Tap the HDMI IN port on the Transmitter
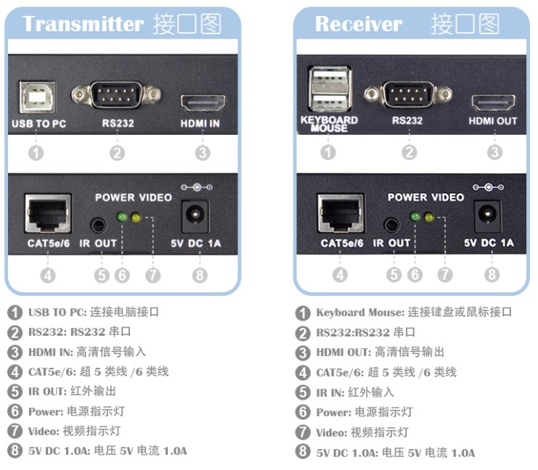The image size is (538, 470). point(203,102)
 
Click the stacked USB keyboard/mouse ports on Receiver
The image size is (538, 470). point(328,90)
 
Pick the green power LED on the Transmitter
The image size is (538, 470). point(122,216)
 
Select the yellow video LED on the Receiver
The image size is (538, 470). point(429,217)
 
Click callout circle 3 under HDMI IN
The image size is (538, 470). point(203,152)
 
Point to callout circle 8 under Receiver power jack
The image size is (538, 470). point(492,274)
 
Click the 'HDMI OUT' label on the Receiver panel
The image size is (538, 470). point(492,120)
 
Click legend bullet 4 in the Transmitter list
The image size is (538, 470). point(15,372)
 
